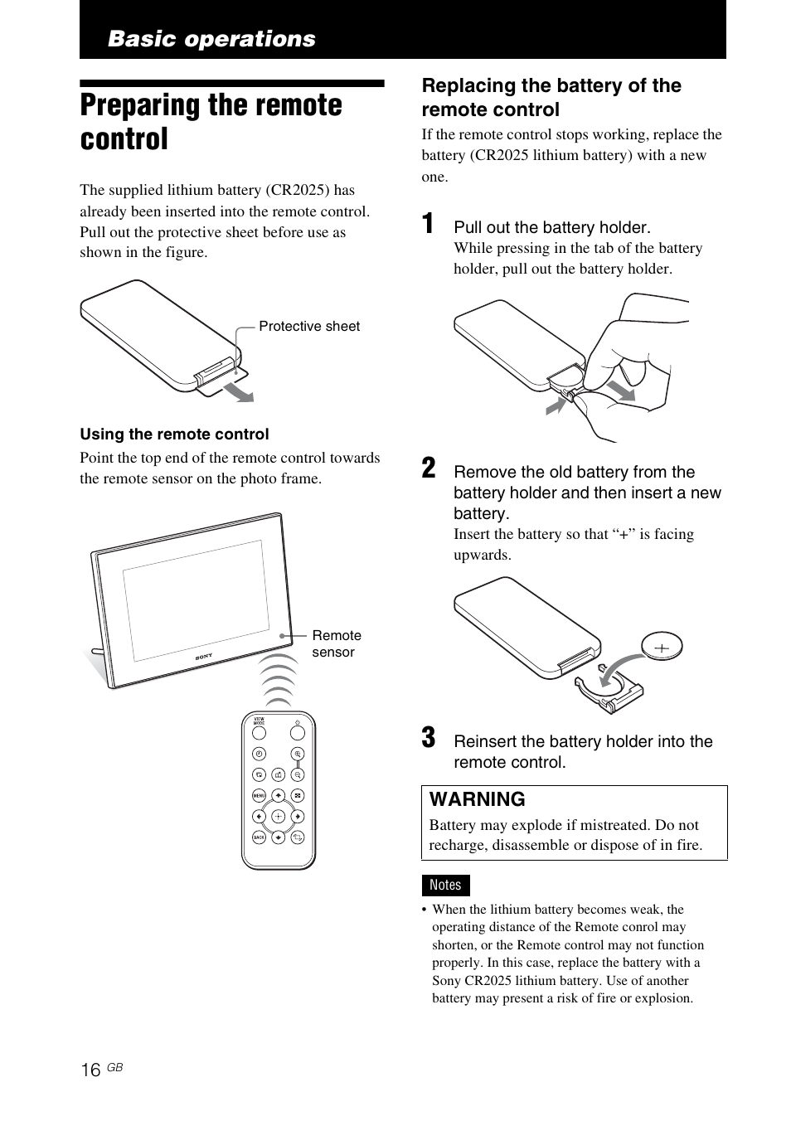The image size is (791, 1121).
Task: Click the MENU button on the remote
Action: click(x=259, y=795)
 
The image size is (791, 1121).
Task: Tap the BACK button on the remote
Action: click(x=259, y=837)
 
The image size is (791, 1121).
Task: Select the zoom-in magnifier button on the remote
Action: click(x=298, y=754)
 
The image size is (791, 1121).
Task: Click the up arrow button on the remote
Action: click(x=278, y=795)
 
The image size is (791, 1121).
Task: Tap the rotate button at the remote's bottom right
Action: click(x=298, y=837)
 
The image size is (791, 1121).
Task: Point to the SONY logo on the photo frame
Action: click(x=204, y=657)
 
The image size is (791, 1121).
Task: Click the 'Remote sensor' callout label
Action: click(x=336, y=643)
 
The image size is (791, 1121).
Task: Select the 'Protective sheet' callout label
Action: click(x=309, y=326)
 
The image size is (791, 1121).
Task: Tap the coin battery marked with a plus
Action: click(x=662, y=647)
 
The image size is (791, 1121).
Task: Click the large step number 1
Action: click(x=428, y=224)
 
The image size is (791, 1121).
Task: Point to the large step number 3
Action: click(x=428, y=737)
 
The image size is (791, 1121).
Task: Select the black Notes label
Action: click(x=445, y=885)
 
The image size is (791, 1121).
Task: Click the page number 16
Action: click(x=90, y=1070)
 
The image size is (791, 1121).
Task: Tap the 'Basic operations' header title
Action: click(x=211, y=39)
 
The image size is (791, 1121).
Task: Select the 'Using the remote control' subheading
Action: click(x=174, y=434)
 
